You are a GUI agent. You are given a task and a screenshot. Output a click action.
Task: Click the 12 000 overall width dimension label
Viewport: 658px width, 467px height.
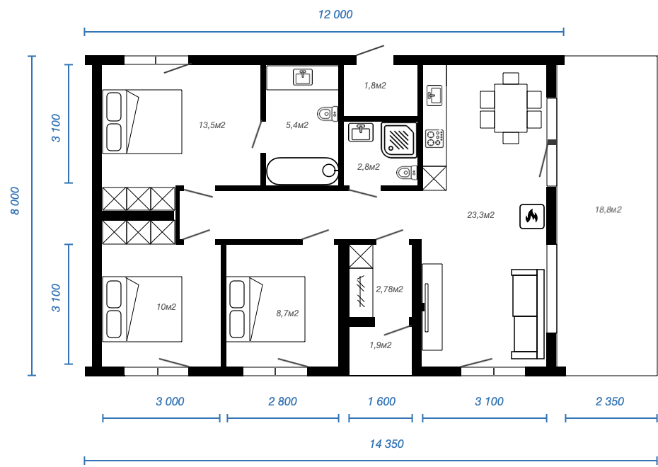click(335, 15)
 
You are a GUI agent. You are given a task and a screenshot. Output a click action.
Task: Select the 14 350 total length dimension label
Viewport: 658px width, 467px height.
click(386, 444)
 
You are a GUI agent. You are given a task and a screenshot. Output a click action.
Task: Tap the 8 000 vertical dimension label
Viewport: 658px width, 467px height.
click(15, 202)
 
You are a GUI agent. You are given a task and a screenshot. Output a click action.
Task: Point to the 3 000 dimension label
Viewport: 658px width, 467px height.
click(170, 402)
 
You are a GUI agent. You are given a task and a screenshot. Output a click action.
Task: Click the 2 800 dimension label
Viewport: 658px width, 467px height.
click(282, 402)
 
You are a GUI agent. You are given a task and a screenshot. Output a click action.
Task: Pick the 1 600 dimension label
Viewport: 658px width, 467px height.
click(381, 402)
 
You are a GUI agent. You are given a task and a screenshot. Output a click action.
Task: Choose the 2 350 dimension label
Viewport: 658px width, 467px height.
click(609, 402)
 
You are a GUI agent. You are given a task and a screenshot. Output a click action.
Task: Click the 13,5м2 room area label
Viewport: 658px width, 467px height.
click(212, 125)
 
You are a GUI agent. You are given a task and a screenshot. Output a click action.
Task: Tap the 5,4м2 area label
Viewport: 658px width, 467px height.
click(297, 125)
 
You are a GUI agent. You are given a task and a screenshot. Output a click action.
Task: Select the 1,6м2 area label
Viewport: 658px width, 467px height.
click(375, 86)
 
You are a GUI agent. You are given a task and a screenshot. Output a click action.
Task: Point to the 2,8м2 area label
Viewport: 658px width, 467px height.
click(369, 167)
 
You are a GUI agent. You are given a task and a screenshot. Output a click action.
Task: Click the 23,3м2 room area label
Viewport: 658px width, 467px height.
click(480, 215)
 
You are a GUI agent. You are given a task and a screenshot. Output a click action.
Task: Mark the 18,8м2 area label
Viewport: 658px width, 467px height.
click(608, 209)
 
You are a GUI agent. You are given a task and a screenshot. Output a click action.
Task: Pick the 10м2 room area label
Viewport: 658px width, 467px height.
click(166, 307)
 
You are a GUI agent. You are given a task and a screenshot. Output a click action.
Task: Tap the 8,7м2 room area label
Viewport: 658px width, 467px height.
click(287, 313)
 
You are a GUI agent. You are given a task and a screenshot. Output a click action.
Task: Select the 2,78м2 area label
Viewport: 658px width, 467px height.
click(389, 289)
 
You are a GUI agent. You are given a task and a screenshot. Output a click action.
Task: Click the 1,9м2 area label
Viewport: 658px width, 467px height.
click(381, 345)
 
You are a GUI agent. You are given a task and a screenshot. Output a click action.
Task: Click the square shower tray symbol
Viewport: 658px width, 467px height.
click(400, 139)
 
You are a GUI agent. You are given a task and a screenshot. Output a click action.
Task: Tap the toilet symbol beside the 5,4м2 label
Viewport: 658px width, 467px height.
click(327, 113)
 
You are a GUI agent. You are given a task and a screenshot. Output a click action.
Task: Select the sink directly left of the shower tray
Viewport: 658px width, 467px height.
click(362, 132)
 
